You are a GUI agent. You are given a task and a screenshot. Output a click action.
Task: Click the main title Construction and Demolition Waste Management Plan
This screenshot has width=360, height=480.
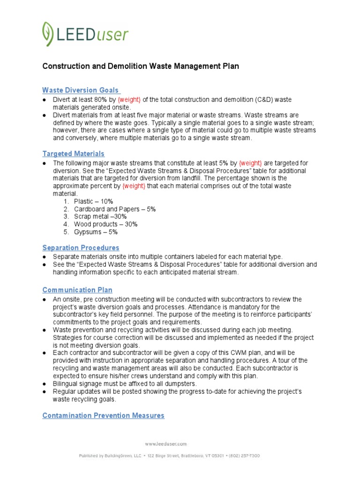point(141,66)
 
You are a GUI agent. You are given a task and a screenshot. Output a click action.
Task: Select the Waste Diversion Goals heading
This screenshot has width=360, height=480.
point(81,90)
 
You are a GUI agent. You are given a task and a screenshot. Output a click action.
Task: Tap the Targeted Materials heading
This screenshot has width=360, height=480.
point(73,154)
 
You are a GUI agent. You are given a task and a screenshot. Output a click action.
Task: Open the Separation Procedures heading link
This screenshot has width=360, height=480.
point(81,247)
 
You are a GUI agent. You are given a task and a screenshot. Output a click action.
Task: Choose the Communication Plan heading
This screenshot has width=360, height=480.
point(77,290)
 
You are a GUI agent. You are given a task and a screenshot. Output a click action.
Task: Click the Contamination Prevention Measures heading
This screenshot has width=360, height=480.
point(103,415)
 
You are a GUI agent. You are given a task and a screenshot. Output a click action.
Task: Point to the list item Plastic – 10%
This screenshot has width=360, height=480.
point(93,201)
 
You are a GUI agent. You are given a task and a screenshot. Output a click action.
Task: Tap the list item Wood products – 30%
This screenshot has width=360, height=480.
point(105,225)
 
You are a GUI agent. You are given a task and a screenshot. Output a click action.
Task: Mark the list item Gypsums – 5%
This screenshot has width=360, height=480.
point(96,232)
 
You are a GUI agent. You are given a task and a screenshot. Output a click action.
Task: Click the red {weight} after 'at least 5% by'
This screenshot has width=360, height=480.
point(250,163)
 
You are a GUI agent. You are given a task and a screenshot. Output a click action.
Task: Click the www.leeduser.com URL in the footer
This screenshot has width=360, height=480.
point(165,443)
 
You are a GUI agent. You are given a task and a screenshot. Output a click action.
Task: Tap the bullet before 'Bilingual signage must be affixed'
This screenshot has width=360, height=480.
point(44,384)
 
